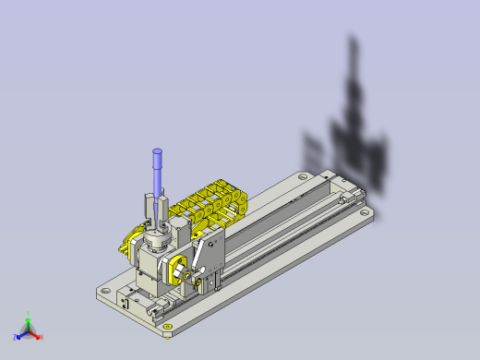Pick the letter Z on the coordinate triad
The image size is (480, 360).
point(15,338)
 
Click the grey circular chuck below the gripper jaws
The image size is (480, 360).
point(155,242)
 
